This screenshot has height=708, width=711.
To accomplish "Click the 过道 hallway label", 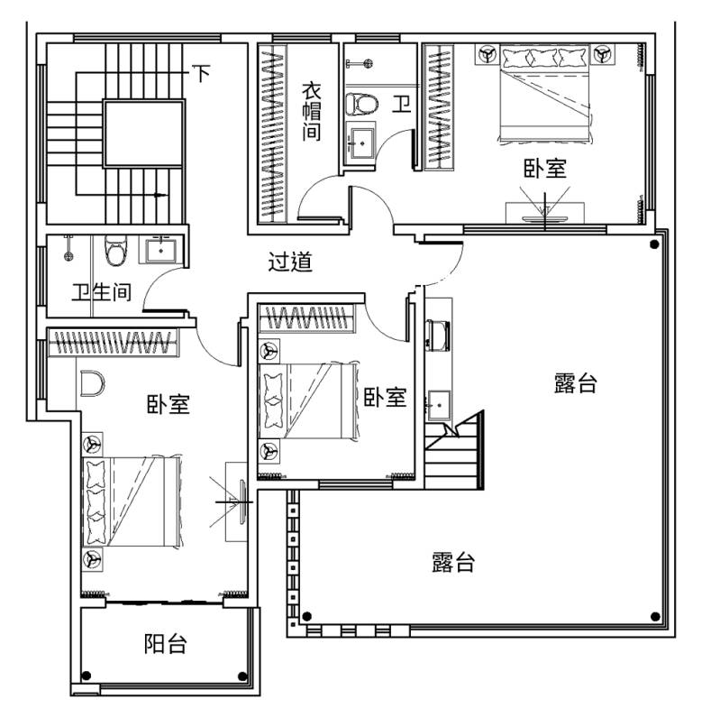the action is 290,262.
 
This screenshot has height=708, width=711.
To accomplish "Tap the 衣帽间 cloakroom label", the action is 312,111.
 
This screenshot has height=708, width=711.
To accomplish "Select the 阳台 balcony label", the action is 166,644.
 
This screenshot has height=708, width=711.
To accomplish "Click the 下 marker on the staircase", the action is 201,73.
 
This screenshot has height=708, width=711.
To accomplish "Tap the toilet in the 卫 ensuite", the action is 361,104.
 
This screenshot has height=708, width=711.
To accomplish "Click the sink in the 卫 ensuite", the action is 362,143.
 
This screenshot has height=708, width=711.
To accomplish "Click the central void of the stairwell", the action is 144,133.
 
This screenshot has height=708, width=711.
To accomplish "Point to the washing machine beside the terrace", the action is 438,336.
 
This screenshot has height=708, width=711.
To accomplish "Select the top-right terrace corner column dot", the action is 654,244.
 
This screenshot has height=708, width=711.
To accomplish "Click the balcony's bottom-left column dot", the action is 87,676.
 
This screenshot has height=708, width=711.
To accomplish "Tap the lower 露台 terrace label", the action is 452,562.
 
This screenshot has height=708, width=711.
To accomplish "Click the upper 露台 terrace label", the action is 576,383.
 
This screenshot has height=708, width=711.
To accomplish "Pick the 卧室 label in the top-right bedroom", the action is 545,168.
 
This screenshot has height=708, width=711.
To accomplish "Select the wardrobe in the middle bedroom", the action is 306,317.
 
